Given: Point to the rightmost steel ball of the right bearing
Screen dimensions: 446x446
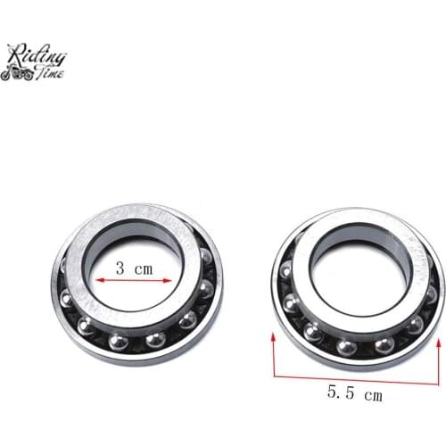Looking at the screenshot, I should click(x=431, y=294).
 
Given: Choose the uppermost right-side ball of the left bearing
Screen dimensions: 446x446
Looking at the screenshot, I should click(x=206, y=259).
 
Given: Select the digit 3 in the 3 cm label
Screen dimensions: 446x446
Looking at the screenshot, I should click(x=120, y=268).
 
